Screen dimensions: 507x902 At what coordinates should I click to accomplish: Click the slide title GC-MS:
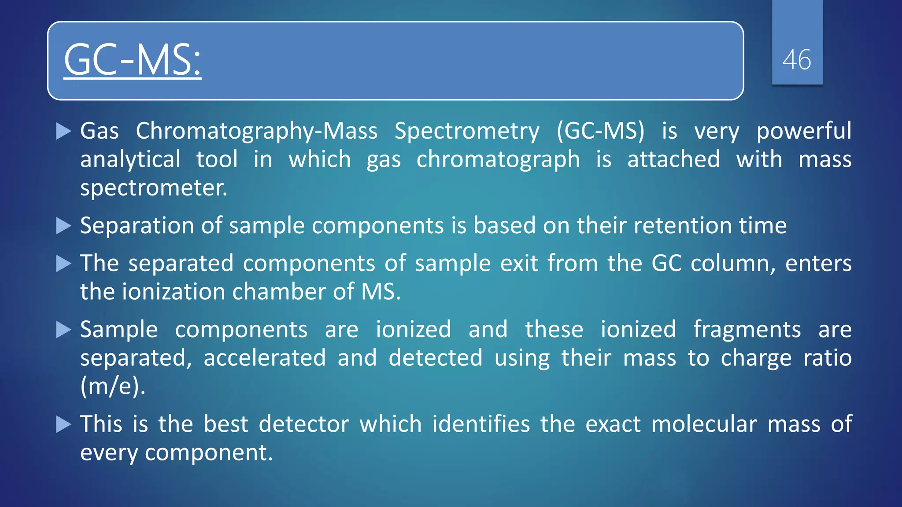(132, 60)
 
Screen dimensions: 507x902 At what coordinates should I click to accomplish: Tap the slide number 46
(797, 60)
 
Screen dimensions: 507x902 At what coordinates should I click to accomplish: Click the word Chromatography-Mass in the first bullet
(256, 131)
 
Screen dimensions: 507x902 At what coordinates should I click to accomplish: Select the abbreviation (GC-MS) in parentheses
(600, 131)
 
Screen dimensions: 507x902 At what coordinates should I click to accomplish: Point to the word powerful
(804, 131)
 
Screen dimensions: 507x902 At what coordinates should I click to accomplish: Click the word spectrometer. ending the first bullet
(153, 188)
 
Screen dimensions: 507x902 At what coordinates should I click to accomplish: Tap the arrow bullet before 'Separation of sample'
(64, 226)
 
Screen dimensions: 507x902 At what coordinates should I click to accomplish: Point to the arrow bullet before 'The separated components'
(64, 264)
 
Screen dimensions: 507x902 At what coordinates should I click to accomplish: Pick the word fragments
(747, 330)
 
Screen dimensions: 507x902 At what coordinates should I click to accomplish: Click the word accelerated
(264, 358)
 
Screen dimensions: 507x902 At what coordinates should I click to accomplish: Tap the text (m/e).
(113, 386)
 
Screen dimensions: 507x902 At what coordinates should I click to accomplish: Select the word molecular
(704, 424)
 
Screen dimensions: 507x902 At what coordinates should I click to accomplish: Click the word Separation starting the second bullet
(137, 226)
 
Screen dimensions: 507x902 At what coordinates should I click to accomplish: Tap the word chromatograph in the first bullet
(498, 160)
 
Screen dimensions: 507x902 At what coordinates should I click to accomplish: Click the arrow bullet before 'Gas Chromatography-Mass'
(64, 131)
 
